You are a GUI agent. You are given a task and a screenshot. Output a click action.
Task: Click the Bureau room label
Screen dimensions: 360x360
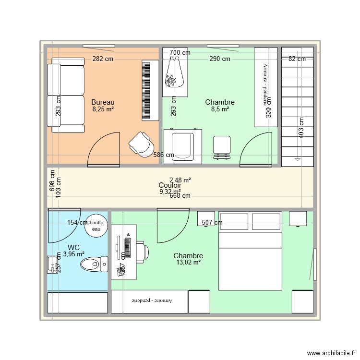(x=103, y=102)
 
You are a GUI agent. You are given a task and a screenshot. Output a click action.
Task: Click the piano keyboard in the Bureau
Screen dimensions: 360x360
(x=150, y=90)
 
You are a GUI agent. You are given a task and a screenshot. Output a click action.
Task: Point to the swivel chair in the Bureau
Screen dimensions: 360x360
(x=141, y=144)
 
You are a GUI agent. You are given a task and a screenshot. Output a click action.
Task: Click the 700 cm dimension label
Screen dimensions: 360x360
(x=180, y=53)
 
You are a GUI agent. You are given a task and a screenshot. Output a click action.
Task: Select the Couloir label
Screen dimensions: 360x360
(x=170, y=185)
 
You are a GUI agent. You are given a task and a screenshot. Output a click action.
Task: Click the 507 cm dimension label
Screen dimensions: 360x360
(x=212, y=223)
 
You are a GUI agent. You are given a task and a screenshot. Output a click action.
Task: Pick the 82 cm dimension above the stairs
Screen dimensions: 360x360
(x=297, y=59)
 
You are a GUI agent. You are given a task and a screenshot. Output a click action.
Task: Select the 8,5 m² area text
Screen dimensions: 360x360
(x=219, y=109)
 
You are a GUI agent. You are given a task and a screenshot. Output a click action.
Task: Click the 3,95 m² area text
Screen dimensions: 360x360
(x=73, y=254)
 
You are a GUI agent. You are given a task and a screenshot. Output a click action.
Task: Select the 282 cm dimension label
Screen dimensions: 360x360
(x=103, y=59)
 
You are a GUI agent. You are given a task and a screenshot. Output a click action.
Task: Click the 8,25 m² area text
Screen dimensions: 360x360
(x=103, y=109)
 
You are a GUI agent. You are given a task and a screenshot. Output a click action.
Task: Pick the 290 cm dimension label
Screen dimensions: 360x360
(x=219, y=59)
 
